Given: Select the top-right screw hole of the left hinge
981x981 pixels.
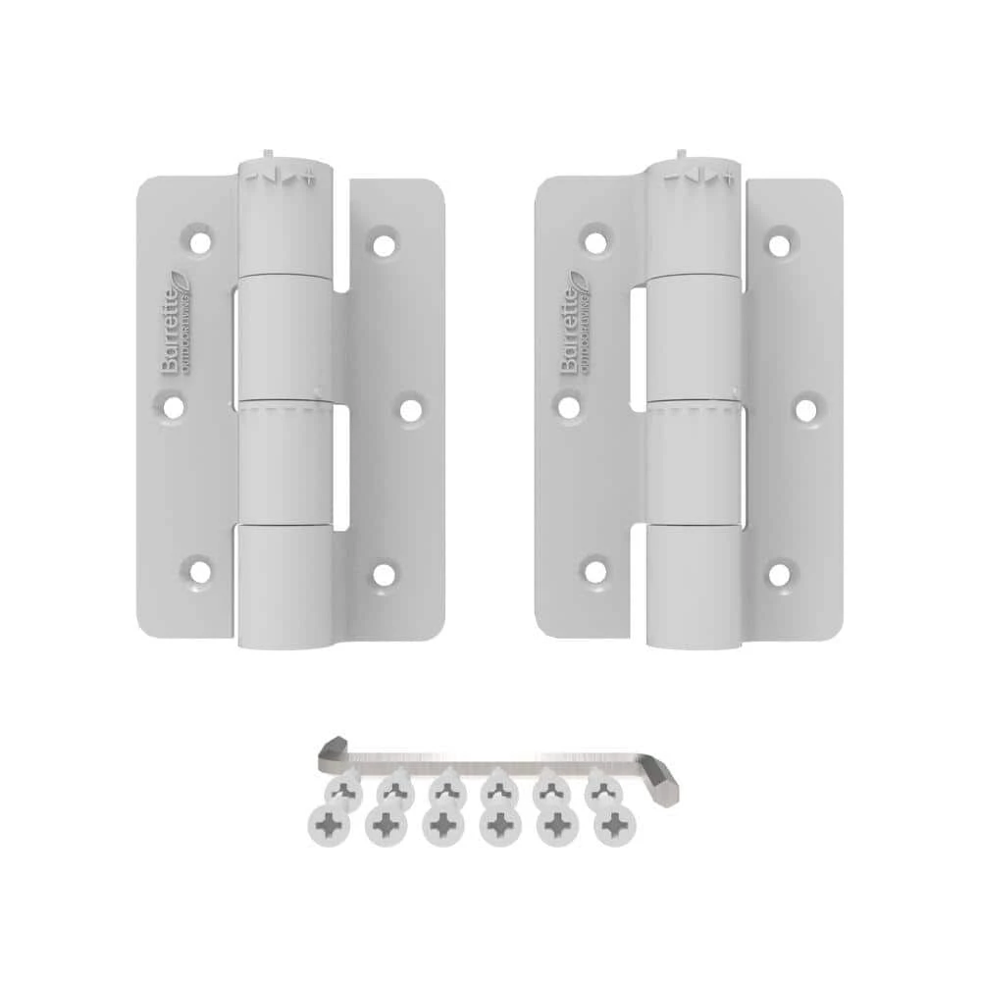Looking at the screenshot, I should pos(383,241).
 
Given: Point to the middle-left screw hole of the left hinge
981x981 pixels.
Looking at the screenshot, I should pos(174,405).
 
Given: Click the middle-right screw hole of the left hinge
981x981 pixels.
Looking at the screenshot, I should pos(410,406).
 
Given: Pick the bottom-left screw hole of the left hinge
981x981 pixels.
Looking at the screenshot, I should pos(200,569).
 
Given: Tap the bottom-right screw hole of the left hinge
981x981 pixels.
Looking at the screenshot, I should pos(383,573).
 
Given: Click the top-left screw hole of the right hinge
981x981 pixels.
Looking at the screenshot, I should pos(594,238).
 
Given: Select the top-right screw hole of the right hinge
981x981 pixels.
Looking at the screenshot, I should pos(779,241).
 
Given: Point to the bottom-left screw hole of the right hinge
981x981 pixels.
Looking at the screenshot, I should pos(594,569).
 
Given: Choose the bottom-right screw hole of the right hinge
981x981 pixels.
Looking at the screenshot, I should pos(779,573).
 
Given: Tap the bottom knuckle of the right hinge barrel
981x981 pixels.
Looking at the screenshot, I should pos(693,585).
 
